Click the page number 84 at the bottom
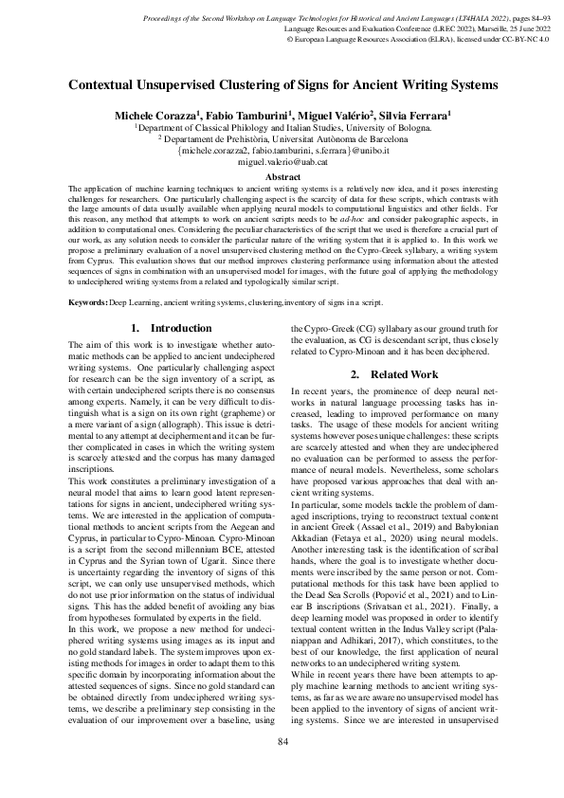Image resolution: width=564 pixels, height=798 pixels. coord(282,768)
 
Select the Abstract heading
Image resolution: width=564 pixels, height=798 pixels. coord(282,177)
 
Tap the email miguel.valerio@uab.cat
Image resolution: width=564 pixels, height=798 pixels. coord(282,162)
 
